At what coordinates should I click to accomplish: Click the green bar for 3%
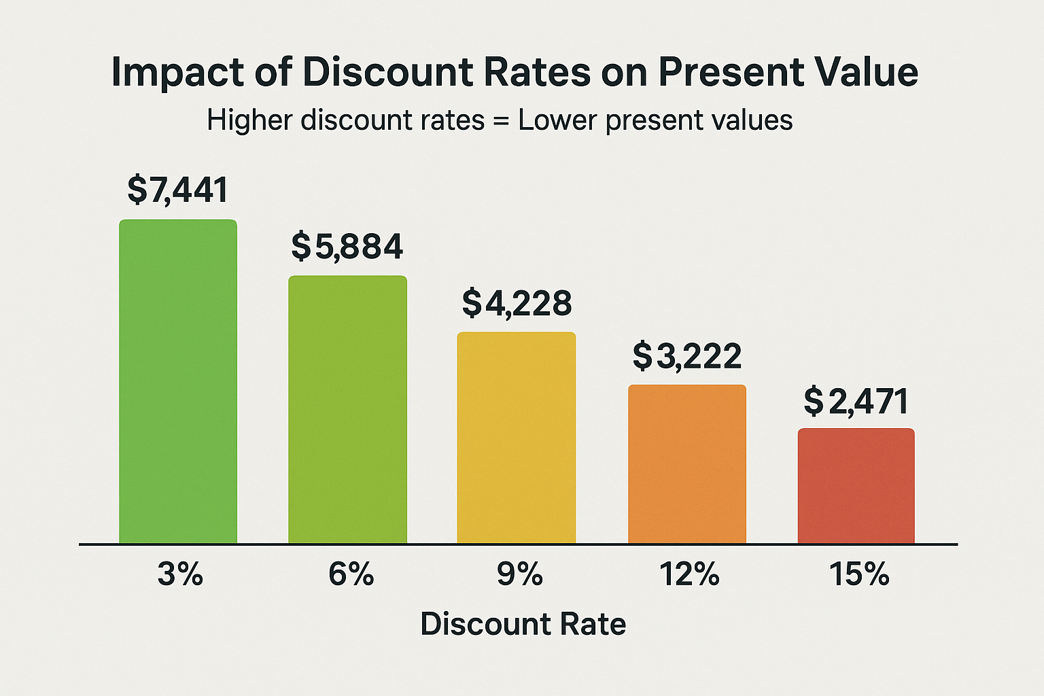click(x=178, y=381)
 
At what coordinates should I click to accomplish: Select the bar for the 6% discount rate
click(x=347, y=409)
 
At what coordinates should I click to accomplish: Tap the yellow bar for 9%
click(x=516, y=438)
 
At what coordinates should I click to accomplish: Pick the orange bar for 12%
click(x=686, y=464)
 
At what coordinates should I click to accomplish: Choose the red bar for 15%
click(x=856, y=486)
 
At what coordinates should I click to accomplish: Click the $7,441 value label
click(x=178, y=190)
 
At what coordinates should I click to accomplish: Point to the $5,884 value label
click(x=347, y=246)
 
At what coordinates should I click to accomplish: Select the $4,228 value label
click(x=517, y=303)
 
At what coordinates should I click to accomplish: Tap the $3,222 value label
click(x=687, y=356)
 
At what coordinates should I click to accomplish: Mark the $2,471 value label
click(x=856, y=401)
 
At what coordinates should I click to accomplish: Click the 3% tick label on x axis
click(x=180, y=575)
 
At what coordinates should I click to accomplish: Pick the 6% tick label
click(x=351, y=575)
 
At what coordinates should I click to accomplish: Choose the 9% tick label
click(x=519, y=575)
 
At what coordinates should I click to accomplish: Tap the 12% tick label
click(x=689, y=575)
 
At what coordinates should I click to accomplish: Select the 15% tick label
click(x=859, y=575)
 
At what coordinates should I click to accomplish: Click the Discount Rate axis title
click(x=523, y=624)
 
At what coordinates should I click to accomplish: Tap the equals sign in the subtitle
click(x=502, y=121)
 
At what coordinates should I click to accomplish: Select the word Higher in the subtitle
click(x=249, y=120)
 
